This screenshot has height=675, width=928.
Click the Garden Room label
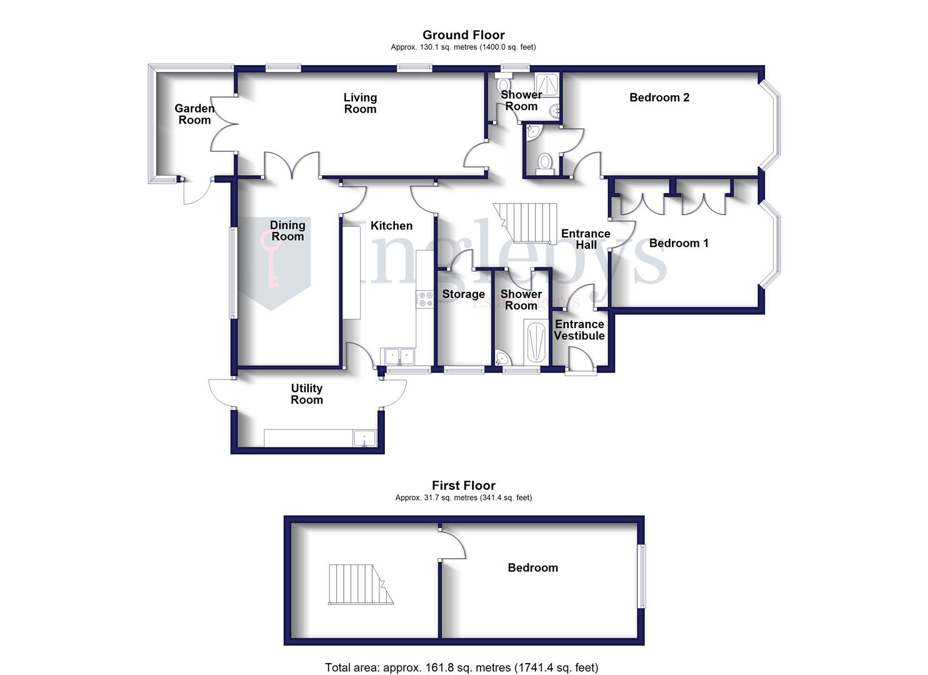tap(194, 114)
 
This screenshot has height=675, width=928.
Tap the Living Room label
tap(360, 103)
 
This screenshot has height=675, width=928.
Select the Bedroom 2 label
tap(659, 97)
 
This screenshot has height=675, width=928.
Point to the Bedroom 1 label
tap(679, 243)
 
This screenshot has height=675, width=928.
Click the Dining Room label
tap(287, 231)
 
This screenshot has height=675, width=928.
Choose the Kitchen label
tap(391, 226)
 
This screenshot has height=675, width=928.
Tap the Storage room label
tap(463, 294)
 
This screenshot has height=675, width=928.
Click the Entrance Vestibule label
tap(579, 330)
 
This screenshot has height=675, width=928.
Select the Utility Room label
tap(306, 394)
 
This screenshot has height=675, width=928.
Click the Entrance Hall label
tap(586, 239)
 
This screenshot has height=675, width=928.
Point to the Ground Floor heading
tap(463, 35)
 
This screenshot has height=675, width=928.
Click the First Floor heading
tap(463, 486)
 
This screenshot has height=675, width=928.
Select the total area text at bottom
tap(461, 667)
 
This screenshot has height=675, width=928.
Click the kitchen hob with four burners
tap(425, 299)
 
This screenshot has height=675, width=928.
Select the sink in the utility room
tap(364, 438)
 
